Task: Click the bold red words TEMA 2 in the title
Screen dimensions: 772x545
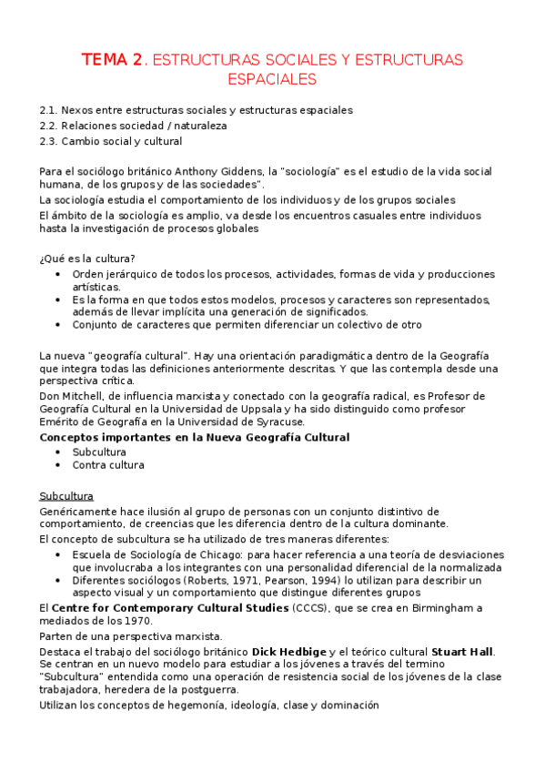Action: pyautogui.click(x=113, y=60)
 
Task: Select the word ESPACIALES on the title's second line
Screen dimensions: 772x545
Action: pyautogui.click(x=272, y=79)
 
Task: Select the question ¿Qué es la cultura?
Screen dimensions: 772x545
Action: pyautogui.click(x=86, y=258)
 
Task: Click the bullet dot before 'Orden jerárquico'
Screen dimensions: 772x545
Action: pyautogui.click(x=59, y=274)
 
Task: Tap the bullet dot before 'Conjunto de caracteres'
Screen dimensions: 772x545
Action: pyautogui.click(x=59, y=324)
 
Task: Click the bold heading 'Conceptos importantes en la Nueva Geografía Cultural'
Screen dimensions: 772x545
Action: pyautogui.click(x=194, y=437)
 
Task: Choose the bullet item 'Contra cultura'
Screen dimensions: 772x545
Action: pyautogui.click(x=107, y=465)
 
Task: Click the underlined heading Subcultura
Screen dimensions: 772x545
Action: pyautogui.click(x=67, y=496)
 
